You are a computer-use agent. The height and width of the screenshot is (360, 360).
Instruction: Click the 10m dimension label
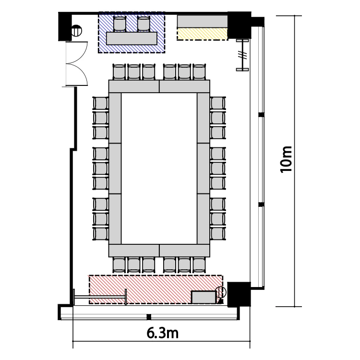286,159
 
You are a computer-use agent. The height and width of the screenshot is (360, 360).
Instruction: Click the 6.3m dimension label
163,333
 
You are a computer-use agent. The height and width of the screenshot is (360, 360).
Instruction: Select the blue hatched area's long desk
132,38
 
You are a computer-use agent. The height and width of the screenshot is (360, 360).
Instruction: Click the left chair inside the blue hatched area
120,24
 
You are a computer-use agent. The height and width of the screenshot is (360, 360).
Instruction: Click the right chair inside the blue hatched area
144,24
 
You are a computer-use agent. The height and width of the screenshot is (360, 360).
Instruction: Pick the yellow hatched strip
202,34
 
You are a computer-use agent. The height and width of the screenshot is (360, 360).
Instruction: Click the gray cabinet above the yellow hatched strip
202,22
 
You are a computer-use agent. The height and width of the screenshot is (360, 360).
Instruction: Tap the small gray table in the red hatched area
204,297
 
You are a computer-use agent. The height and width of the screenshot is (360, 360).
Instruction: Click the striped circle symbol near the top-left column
76,31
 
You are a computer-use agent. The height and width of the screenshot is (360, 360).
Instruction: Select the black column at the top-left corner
65,26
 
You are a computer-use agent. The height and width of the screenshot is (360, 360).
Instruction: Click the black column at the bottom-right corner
239,294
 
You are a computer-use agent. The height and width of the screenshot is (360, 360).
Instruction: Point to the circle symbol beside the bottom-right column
221,292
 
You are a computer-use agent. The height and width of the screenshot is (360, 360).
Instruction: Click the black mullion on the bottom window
149,317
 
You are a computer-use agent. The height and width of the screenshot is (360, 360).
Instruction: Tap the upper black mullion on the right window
261,115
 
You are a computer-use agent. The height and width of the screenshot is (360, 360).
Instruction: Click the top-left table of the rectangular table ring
134,86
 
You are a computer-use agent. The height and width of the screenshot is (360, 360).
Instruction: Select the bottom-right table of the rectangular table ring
184,251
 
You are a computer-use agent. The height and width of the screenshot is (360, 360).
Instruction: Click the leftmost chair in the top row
120,72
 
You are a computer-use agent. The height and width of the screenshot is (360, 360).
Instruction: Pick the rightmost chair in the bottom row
199,264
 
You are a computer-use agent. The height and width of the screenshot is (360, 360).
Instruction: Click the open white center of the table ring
159,168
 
